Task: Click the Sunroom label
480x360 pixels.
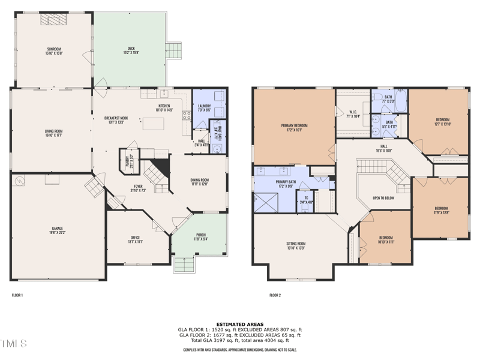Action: [x=54, y=49]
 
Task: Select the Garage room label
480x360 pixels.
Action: [x=58, y=229]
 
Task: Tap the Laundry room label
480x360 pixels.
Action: [x=205, y=106]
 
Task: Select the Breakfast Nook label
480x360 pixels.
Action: [x=116, y=118]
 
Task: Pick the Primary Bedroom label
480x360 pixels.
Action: [x=293, y=126]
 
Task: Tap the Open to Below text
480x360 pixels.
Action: [x=383, y=197]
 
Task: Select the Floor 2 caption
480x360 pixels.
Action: [x=275, y=295]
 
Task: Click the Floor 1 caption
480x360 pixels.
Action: [x=17, y=295]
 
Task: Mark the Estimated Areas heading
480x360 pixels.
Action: [x=239, y=324]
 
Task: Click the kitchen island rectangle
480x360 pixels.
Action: [x=152, y=124]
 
